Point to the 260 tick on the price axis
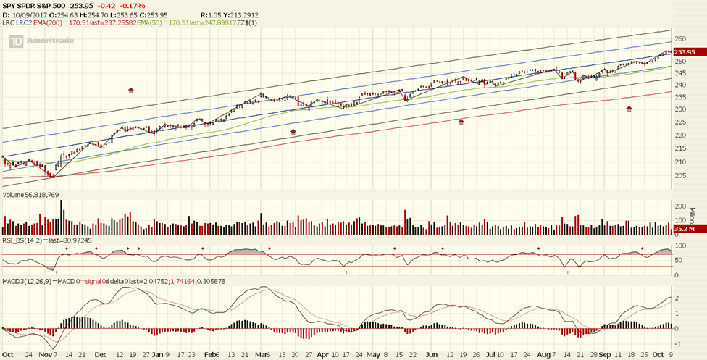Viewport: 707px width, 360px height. (680, 39)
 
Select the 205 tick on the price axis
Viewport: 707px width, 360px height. (680, 175)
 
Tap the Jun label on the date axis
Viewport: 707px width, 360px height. (432, 355)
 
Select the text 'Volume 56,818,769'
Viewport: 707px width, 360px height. (33, 195)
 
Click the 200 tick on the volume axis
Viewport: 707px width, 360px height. (680, 206)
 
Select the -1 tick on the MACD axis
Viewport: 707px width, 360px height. (677, 343)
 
